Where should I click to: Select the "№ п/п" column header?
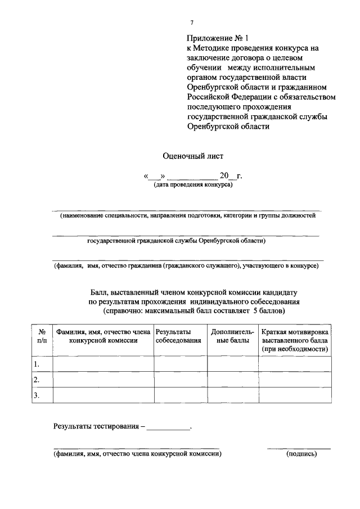pos(42,336)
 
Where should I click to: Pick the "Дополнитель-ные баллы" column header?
pos(232,336)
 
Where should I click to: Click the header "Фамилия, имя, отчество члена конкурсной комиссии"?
pos(103,336)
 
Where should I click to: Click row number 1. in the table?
pos(37,364)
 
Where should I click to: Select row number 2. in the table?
pos(37,380)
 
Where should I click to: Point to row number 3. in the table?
pos(37,395)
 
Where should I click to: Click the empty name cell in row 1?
pos(103,364)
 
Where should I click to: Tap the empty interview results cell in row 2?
pos(180,380)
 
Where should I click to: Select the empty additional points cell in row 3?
pos(233,395)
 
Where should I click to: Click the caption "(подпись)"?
pos(301,453)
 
